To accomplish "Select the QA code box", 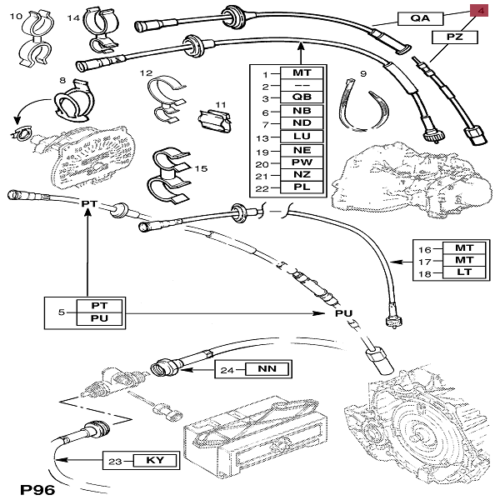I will (421, 17).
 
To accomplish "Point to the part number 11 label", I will (221, 104).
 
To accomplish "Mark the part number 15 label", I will (198, 169).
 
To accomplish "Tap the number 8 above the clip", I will (62, 80).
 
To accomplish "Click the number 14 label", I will (72, 17).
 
